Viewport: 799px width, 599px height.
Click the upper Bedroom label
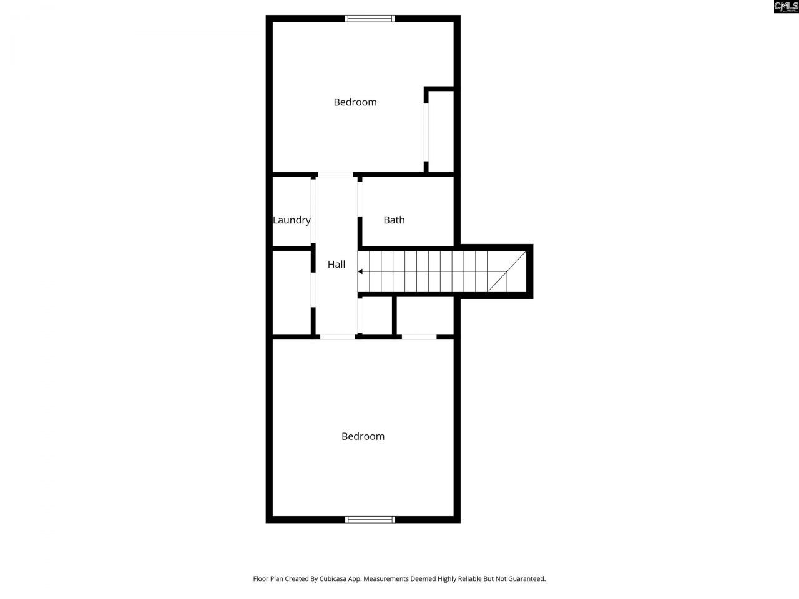pos(355,102)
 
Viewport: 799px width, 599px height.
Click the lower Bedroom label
pos(363,436)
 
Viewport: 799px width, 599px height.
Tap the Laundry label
pos(292,220)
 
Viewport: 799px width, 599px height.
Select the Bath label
pos(394,220)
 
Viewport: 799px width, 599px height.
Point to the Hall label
pos(336,265)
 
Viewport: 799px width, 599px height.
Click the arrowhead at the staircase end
pos(361,271)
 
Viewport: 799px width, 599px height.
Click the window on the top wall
pos(370,19)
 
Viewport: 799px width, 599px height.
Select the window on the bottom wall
pos(370,519)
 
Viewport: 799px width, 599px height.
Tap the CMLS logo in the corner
pos(786,7)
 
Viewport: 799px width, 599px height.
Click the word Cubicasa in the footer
pos(333,579)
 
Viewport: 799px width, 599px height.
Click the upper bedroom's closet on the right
pos(441,131)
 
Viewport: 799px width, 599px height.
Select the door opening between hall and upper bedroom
pos(336,175)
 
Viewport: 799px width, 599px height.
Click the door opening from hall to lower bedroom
pos(338,337)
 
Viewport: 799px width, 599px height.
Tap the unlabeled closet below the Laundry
pos(292,293)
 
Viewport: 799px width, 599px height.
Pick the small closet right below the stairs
pos(377,316)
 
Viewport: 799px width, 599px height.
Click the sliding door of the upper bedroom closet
pos(427,131)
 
